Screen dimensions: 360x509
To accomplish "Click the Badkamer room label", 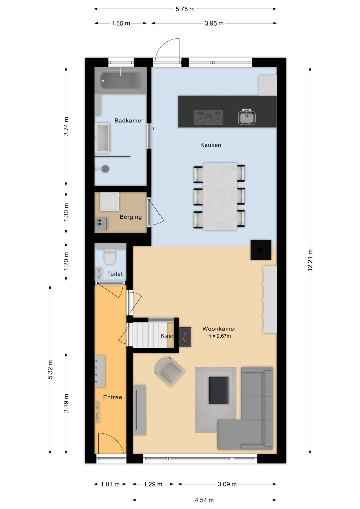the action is coord(129,121).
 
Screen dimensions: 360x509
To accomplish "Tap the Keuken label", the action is coord(211,145).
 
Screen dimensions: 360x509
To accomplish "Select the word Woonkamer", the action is coord(219,329).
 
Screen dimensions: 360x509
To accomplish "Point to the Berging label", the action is coord(131,217).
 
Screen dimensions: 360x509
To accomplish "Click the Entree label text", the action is coord(113,397).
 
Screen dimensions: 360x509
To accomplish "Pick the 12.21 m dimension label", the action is coord(310,260).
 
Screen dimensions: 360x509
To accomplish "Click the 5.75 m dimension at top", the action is coord(185,9).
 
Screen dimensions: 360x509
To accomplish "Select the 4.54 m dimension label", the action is coord(204,500).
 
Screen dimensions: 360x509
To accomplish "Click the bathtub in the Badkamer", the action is coord(121,80).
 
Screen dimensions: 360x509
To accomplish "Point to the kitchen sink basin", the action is coord(247,117).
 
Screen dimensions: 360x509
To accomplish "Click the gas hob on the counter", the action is coord(208,117).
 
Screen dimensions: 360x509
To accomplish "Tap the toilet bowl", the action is coord(110,257).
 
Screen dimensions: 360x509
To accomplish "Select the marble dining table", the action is coord(220,196).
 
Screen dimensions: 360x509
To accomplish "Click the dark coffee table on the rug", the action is coord(218,390).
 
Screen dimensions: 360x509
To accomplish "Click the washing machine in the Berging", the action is coord(109,202).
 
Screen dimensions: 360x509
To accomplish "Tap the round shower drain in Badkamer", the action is coord(106,169).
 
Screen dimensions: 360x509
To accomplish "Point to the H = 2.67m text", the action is coord(219,336).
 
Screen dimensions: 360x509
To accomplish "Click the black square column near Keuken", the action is coord(261,250).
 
